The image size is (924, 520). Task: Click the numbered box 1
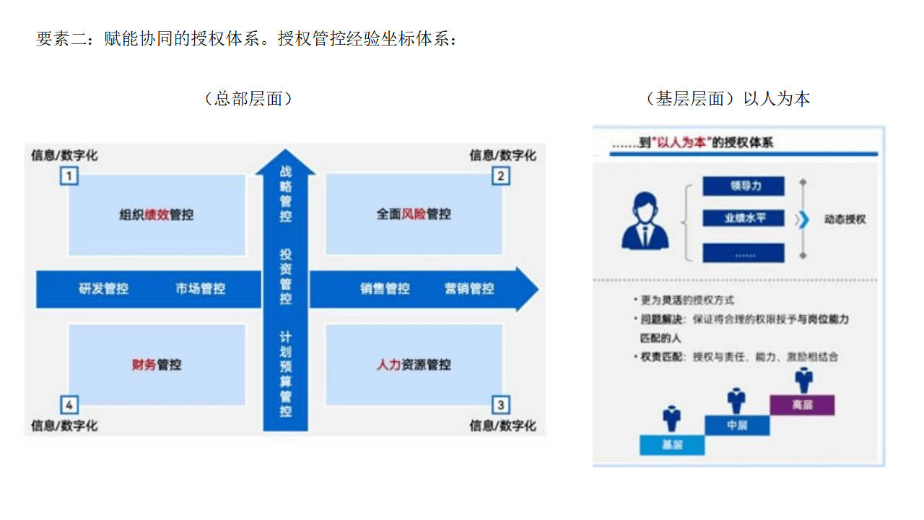coord(69,176)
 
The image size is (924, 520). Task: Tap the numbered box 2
coord(501,176)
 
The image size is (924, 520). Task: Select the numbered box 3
coord(501,404)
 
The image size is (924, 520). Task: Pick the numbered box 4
coord(69,404)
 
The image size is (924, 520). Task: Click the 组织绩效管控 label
coord(157,214)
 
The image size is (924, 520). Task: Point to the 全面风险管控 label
coord(414,214)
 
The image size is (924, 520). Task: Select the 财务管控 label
coord(157,365)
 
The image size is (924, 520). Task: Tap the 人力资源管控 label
coord(414,365)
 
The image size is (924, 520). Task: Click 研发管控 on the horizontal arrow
coord(103,289)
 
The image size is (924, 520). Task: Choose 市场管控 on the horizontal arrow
coord(200,289)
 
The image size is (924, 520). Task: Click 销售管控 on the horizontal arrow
coord(385,289)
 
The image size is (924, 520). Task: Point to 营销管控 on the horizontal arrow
coord(469,289)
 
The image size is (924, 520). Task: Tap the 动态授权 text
coord(844,219)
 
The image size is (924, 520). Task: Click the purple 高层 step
coord(802,405)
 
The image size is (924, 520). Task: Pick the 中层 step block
coord(736,425)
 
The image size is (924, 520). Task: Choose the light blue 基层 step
coord(672,445)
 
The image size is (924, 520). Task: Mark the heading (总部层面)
coord(248,99)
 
